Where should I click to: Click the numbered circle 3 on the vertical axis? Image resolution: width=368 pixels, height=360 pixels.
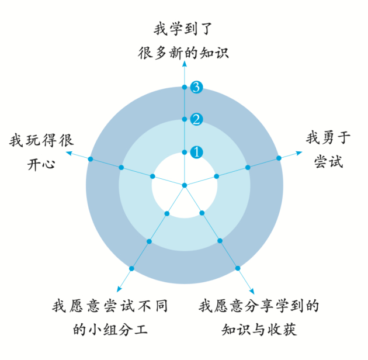point(197,87)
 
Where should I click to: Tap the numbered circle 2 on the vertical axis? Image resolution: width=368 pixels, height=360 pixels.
point(197,120)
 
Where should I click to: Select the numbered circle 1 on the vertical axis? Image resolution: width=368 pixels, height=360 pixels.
point(197,152)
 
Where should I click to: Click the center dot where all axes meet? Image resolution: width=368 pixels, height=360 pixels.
point(184,186)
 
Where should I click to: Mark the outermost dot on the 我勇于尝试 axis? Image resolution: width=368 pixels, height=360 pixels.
point(279,157)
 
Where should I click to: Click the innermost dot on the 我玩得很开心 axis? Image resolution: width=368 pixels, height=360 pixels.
point(152,176)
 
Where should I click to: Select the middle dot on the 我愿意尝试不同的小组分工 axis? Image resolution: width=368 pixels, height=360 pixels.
point(148,241)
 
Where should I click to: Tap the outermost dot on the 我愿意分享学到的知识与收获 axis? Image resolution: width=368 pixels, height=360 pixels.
point(238,268)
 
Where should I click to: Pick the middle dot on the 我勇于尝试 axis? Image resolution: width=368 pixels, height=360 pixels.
point(248,167)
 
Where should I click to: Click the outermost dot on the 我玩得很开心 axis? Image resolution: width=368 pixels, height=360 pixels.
point(90,158)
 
